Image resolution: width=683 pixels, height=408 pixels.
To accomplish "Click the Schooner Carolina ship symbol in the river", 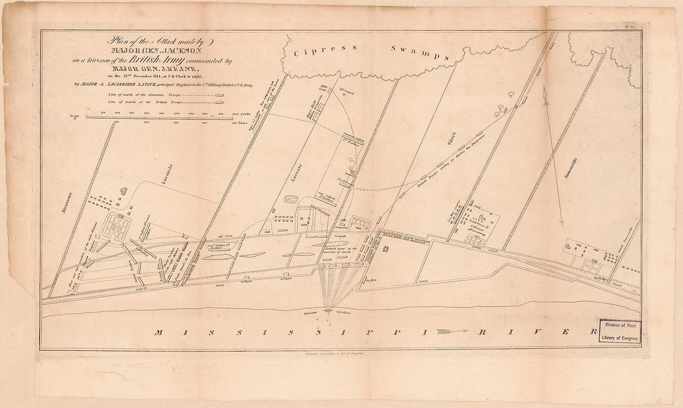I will (x=330, y=312).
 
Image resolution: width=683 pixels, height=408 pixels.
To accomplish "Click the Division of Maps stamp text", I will (x=622, y=325).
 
